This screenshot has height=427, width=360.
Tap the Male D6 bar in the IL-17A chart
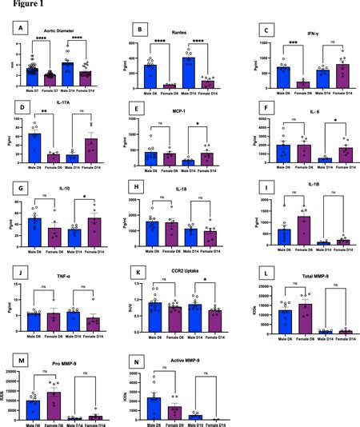(33, 146)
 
